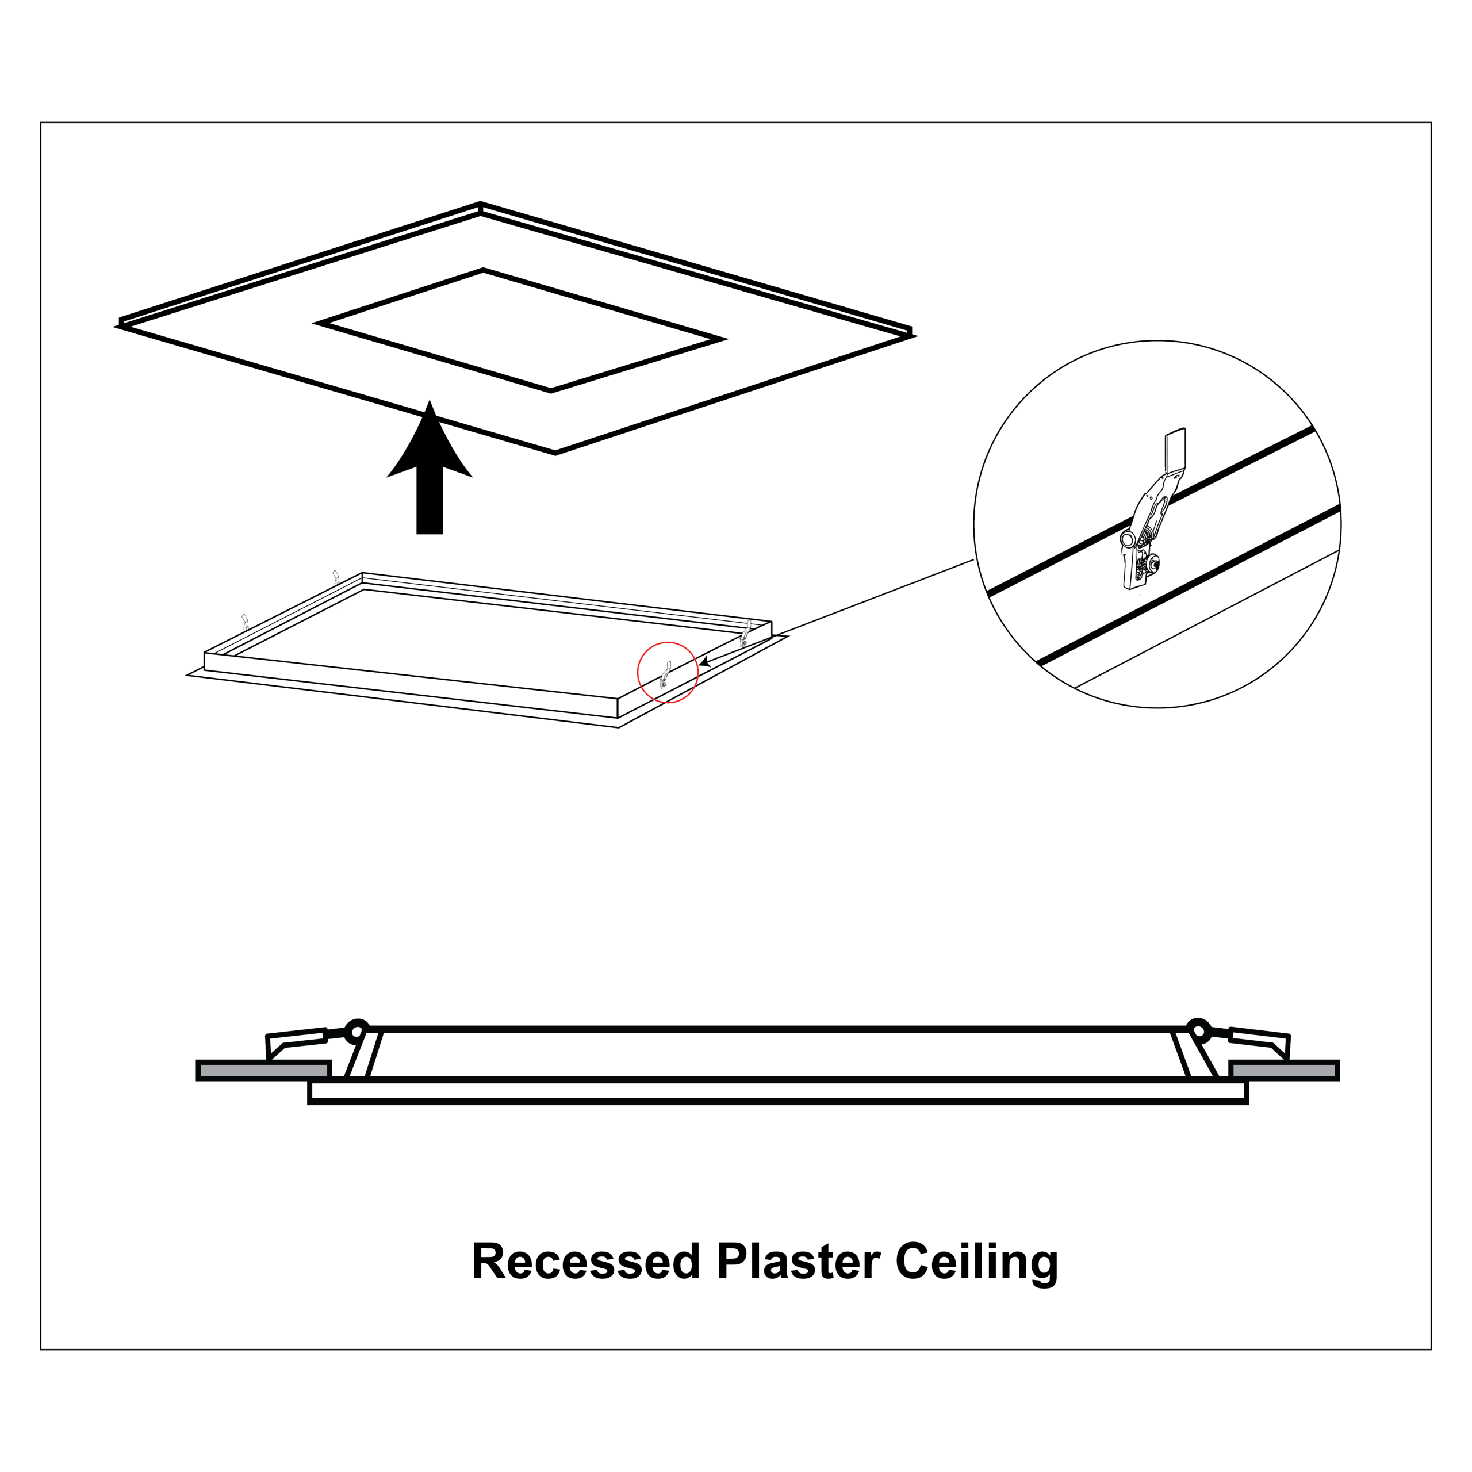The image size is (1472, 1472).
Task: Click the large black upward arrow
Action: (x=430, y=466)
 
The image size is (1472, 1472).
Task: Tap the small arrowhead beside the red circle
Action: (x=706, y=663)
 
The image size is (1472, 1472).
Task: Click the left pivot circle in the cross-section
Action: (x=356, y=1032)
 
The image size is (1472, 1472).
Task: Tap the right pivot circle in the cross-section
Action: (x=1198, y=1032)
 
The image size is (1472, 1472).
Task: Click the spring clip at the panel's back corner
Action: (x=335, y=577)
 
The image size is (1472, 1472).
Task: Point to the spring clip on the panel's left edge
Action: (x=244, y=622)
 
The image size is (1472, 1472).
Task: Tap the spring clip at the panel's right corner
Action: (x=746, y=633)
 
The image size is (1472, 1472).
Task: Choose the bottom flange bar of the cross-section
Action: (x=778, y=1091)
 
